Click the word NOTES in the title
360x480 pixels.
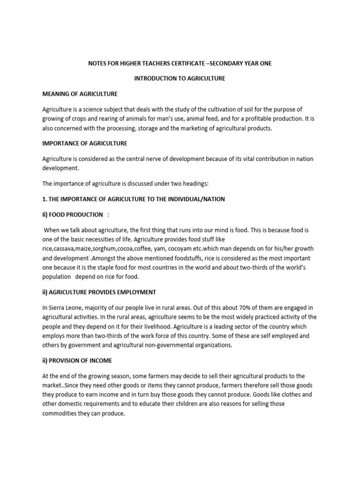[98, 63]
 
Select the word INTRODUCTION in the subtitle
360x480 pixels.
[157, 78]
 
